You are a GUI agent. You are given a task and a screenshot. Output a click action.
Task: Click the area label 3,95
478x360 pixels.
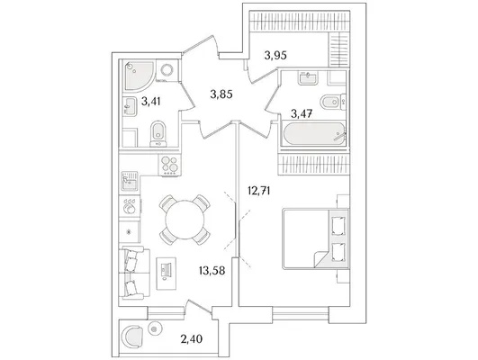[275, 56]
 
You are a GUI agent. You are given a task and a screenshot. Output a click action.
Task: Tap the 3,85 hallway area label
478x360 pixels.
[221, 94]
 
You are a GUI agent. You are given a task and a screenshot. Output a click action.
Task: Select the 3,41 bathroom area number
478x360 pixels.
[151, 101]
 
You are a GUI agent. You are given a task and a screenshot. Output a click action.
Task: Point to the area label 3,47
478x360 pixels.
[302, 113]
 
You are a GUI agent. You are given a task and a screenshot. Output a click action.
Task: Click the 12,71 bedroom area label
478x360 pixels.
[259, 191]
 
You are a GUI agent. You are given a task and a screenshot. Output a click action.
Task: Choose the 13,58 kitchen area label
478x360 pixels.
[212, 270]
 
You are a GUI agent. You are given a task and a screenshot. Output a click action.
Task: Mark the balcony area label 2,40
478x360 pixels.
[192, 338]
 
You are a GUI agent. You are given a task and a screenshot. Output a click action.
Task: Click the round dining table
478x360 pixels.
[185, 220]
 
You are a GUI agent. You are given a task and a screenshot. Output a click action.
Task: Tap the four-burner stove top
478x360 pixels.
[169, 166]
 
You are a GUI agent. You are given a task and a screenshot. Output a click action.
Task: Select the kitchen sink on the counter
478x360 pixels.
[130, 181]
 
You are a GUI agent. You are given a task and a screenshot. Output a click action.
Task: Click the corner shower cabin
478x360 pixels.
[140, 76]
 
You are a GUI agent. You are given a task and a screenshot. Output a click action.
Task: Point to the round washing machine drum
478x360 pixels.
[167, 70]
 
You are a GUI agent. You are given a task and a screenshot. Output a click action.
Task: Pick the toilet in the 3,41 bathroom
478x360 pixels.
[158, 134]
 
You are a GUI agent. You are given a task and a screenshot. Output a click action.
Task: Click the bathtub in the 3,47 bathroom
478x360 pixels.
[314, 134]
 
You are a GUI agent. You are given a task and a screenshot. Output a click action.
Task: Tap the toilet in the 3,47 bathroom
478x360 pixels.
[332, 102]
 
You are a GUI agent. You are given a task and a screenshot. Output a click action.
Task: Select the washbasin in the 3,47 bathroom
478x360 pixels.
[308, 78]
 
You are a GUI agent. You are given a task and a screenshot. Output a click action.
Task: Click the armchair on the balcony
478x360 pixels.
[132, 337]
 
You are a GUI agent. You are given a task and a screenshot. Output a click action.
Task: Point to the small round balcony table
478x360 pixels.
[154, 329]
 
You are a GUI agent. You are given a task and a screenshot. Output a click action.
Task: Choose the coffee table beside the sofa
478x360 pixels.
[167, 274]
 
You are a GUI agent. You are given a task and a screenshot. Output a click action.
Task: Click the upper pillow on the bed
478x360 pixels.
[338, 226]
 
